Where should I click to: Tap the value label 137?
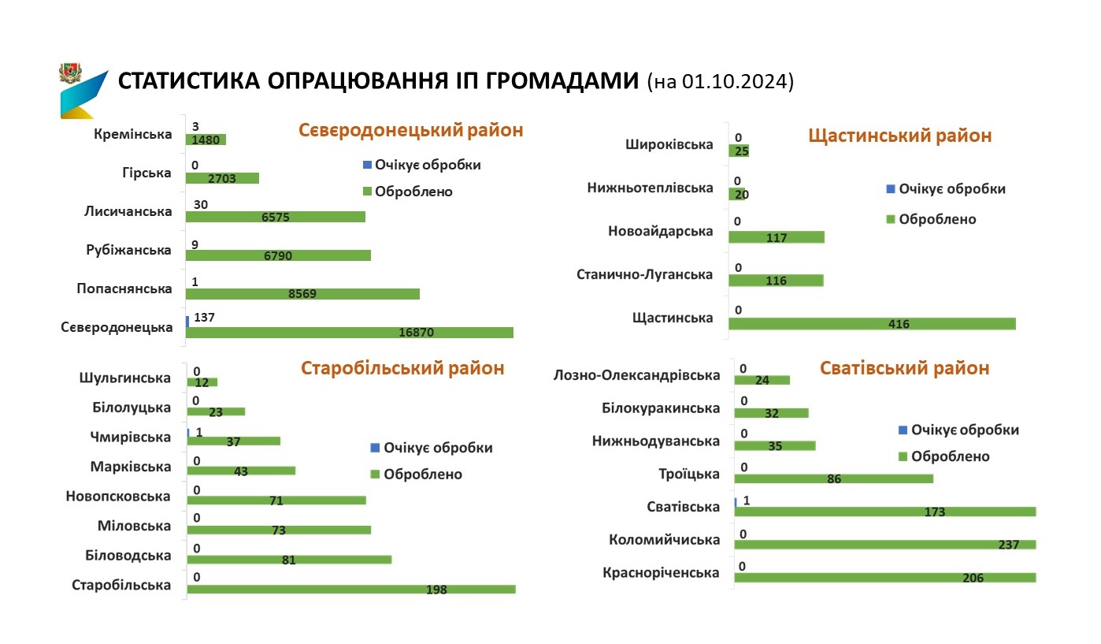coord(203,318)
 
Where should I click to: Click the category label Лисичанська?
coord(128,210)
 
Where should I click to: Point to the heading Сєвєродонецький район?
coord(410,130)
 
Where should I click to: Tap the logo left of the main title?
coord(81,90)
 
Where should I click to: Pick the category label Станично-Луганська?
coord(644,274)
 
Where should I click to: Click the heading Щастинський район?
coord(899,136)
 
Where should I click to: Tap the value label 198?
coord(436,589)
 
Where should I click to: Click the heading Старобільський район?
coord(402,368)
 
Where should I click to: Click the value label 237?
coord(1007,545)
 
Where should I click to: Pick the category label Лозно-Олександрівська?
coord(637,375)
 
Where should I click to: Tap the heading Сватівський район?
coord(904,368)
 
